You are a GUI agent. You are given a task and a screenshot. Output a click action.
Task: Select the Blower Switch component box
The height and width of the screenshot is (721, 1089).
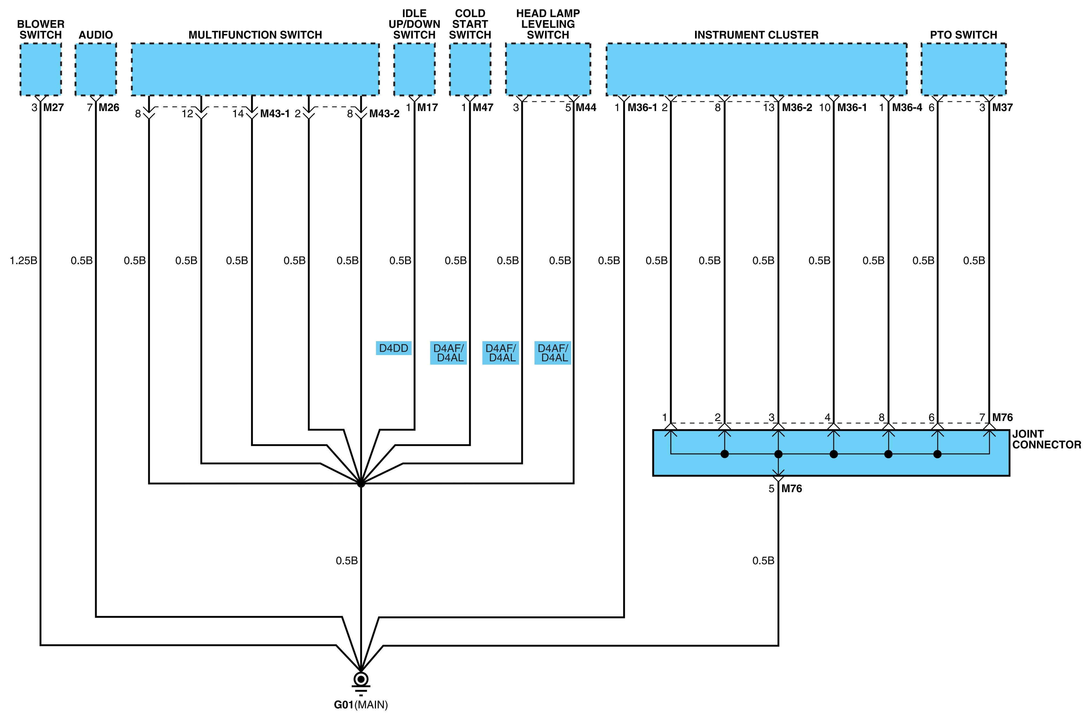(x=41, y=69)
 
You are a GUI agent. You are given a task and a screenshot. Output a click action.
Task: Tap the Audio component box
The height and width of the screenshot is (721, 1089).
(x=96, y=69)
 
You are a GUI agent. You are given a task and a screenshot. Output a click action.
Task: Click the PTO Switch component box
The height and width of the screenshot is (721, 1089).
(x=963, y=69)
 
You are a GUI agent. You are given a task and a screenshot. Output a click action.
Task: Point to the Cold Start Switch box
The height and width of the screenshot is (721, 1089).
(x=470, y=69)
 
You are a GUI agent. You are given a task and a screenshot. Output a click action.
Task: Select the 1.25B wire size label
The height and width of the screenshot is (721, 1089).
(x=23, y=261)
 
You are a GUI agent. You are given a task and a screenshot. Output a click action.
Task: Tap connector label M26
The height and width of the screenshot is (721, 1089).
(x=109, y=108)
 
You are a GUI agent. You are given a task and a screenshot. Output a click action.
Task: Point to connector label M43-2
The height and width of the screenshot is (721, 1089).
(x=384, y=114)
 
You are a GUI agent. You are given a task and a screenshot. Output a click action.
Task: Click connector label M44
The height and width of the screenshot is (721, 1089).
(x=586, y=108)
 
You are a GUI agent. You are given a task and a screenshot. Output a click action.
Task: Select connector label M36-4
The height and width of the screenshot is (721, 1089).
(x=907, y=108)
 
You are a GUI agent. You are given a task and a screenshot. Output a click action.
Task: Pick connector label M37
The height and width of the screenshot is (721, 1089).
(x=1003, y=108)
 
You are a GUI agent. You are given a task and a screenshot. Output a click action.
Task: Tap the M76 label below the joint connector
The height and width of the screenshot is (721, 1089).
(x=792, y=489)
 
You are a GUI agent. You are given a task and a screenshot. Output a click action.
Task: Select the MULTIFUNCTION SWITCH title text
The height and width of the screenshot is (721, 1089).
(x=255, y=35)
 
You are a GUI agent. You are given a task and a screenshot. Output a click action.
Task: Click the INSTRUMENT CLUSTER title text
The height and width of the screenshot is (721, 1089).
(x=756, y=35)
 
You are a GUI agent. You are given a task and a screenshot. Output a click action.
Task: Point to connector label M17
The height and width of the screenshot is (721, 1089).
(x=427, y=108)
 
